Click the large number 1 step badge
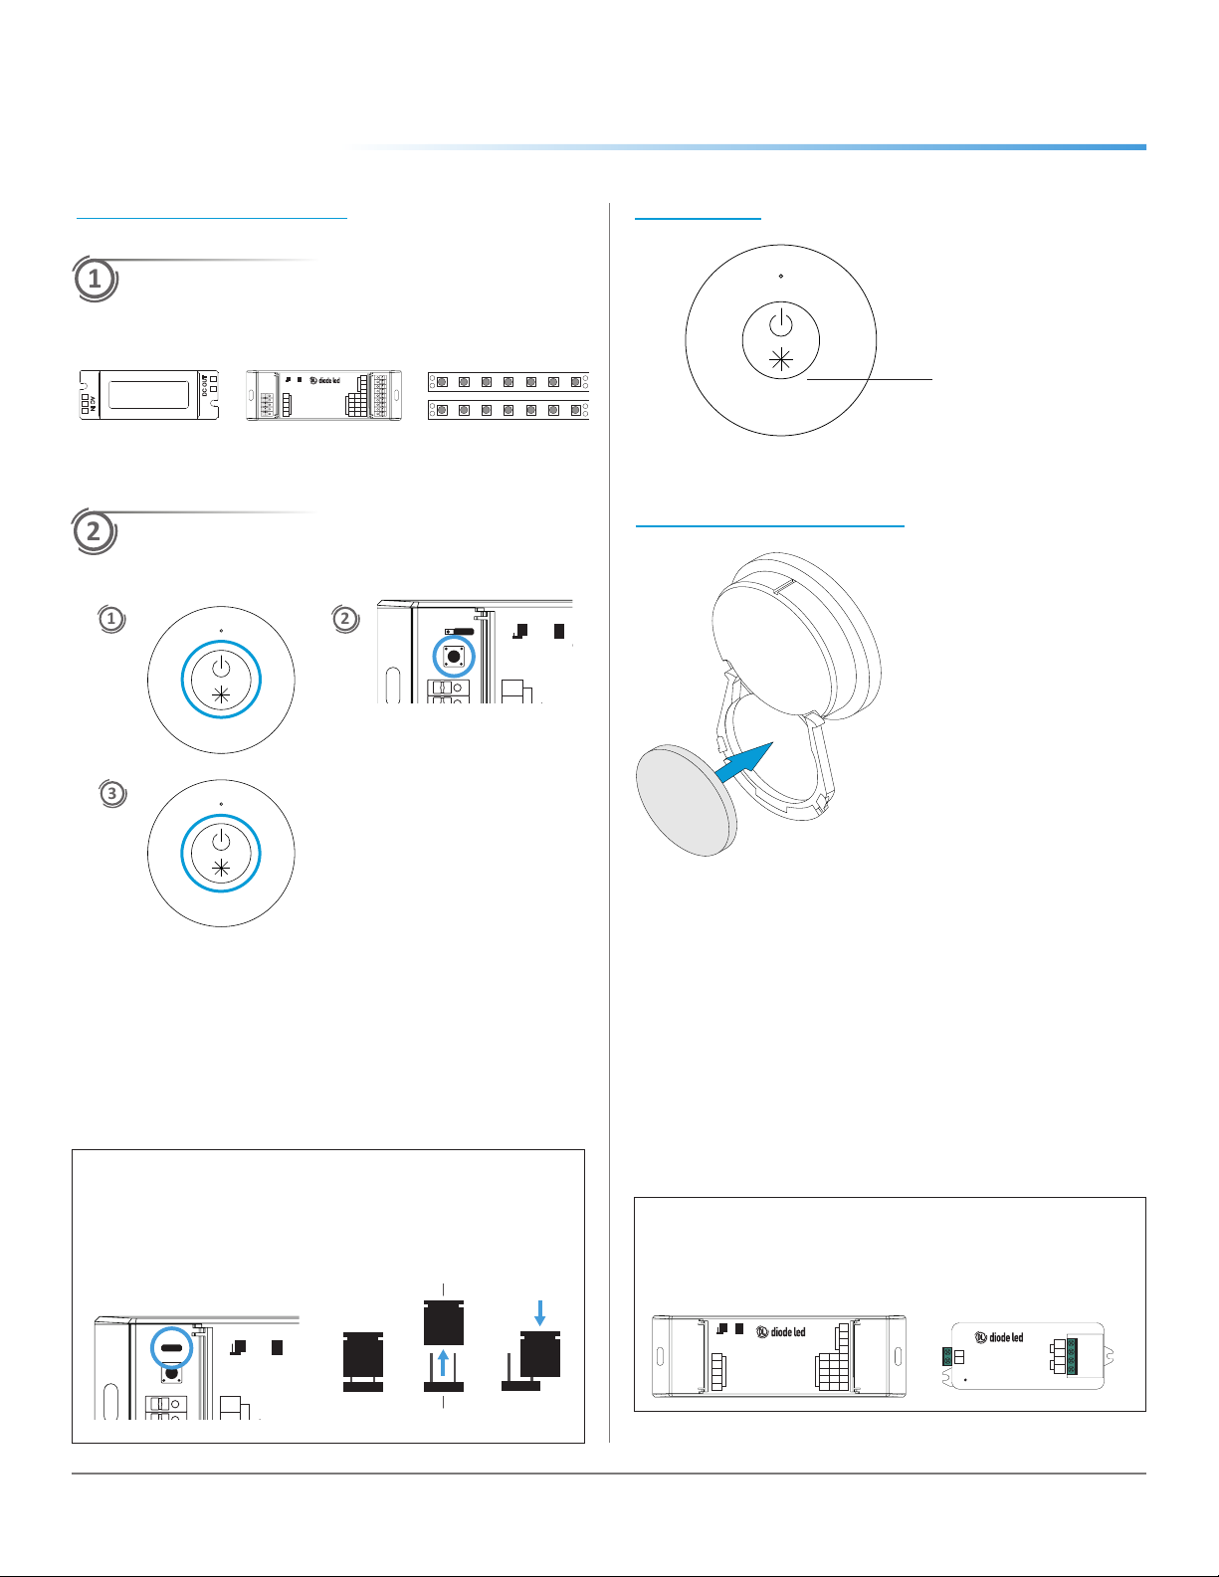click(x=95, y=279)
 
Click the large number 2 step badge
click(x=94, y=531)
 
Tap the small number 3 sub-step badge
click(x=112, y=793)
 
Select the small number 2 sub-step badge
click(x=344, y=619)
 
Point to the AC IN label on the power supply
click(x=90, y=404)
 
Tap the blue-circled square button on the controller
click(x=455, y=656)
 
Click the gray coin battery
click(x=687, y=801)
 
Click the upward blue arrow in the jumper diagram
click(x=443, y=1361)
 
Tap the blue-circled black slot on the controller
click(x=171, y=1348)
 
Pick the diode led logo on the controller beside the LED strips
click(x=324, y=380)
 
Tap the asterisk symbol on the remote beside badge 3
click(x=221, y=869)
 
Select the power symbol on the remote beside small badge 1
click(x=221, y=666)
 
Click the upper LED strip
click(x=508, y=381)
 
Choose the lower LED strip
click(x=508, y=409)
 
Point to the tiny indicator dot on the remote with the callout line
click(x=781, y=276)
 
